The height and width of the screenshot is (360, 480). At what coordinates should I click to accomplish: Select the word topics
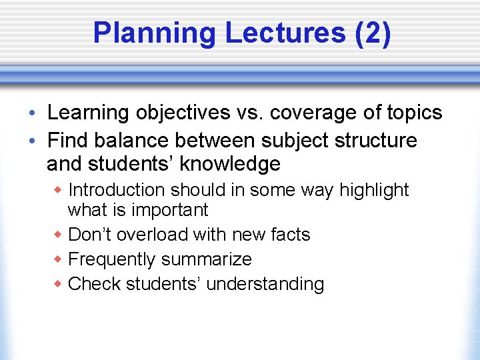point(413,113)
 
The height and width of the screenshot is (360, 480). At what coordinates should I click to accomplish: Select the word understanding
point(265,284)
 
